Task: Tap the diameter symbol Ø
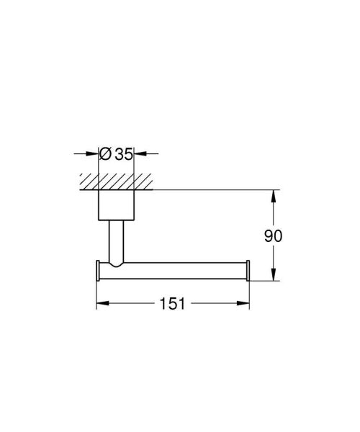pos(105,153)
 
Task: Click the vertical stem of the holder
pos(116,241)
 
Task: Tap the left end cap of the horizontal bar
pos(98,270)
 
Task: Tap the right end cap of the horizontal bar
pos(249,270)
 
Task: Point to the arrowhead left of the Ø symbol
pos(93,153)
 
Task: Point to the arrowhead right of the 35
pos(140,153)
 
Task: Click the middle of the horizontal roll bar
pos(180,270)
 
